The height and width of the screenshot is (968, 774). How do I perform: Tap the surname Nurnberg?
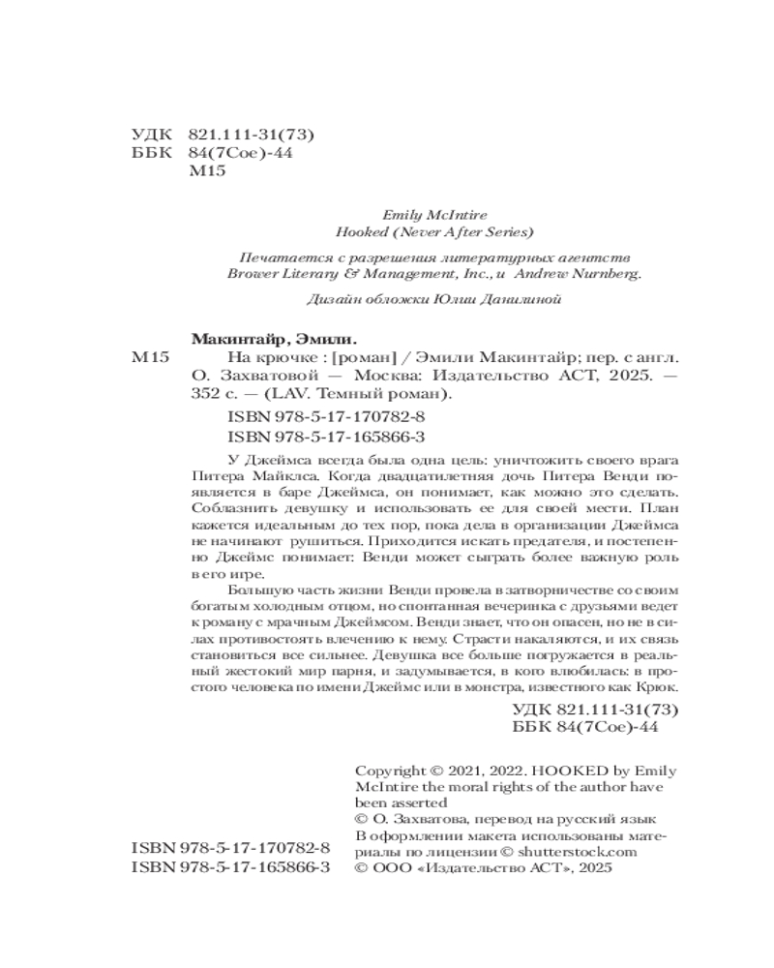pyautogui.click(x=602, y=274)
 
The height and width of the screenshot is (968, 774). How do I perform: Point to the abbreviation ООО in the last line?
pyautogui.click(x=391, y=869)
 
